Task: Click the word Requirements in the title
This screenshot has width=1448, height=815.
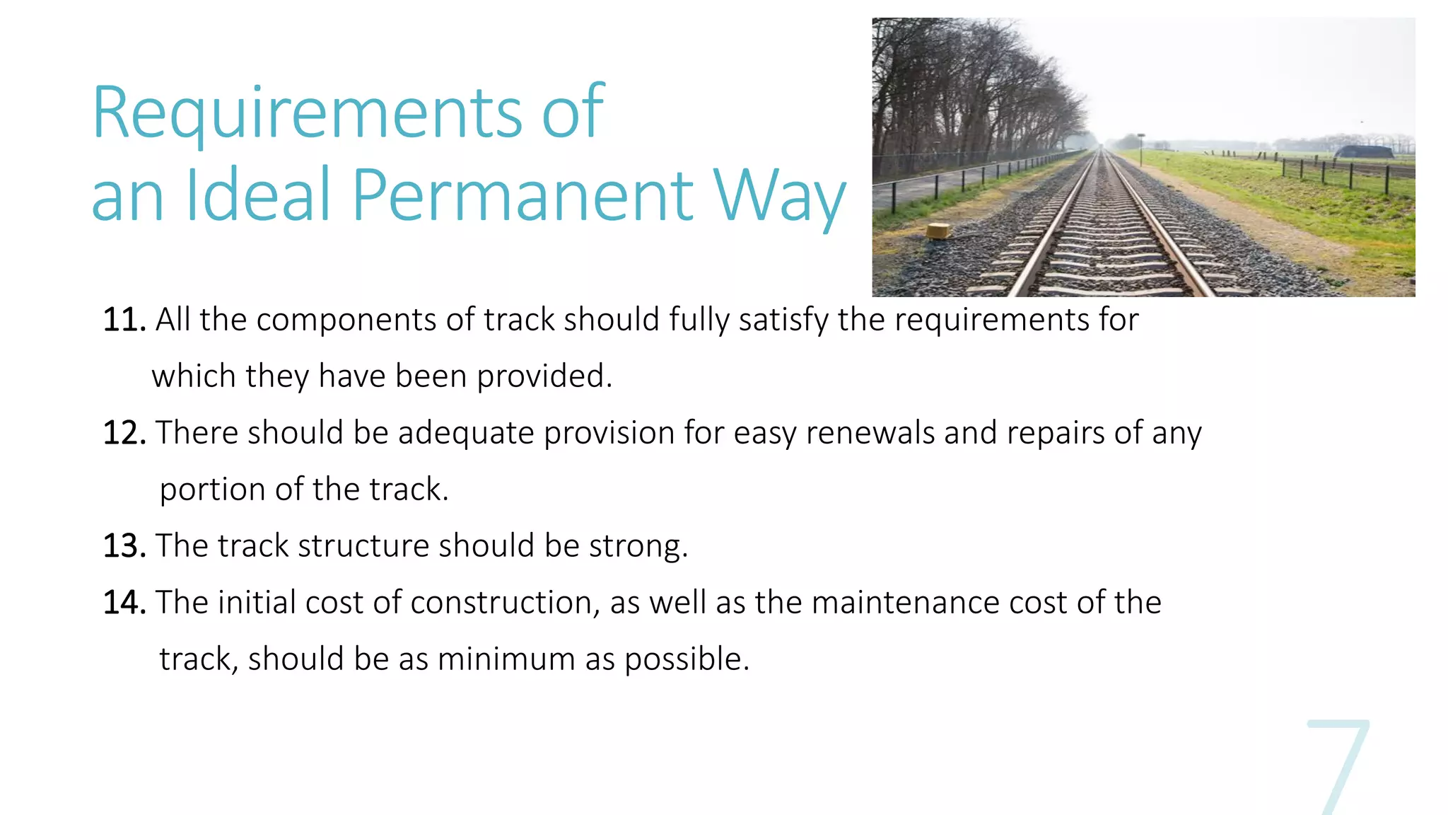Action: coord(308,113)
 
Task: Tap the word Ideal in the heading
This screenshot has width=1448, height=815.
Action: coord(258,195)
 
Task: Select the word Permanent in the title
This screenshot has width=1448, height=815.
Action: coord(523,195)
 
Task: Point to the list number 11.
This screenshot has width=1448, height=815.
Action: coord(124,320)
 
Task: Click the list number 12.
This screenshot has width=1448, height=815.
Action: coord(124,434)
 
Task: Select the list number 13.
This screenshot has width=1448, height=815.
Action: coord(124,547)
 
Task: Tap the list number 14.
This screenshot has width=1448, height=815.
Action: coord(124,603)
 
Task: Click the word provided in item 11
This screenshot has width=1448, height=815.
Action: coord(544,377)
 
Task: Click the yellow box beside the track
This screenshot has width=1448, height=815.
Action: coord(938,230)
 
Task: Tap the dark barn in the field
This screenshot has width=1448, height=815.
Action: coord(1364,151)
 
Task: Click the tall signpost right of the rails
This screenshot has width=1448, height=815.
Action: coord(1140,149)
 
